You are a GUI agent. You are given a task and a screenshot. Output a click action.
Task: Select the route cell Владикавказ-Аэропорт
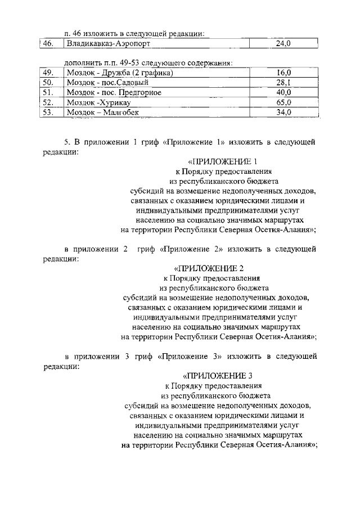pos(109,43)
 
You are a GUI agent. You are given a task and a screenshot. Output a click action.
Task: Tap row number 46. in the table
pos(48,43)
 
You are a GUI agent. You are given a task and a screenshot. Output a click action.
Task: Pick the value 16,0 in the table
pos(284,73)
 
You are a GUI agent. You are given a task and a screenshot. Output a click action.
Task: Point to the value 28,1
pos(284,83)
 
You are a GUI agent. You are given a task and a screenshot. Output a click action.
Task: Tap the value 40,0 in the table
pos(284,92)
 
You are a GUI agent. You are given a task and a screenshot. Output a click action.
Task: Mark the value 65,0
pos(284,102)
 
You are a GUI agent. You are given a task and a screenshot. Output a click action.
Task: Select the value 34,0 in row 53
pos(284,112)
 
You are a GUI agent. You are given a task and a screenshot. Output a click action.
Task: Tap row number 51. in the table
pos(48,92)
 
